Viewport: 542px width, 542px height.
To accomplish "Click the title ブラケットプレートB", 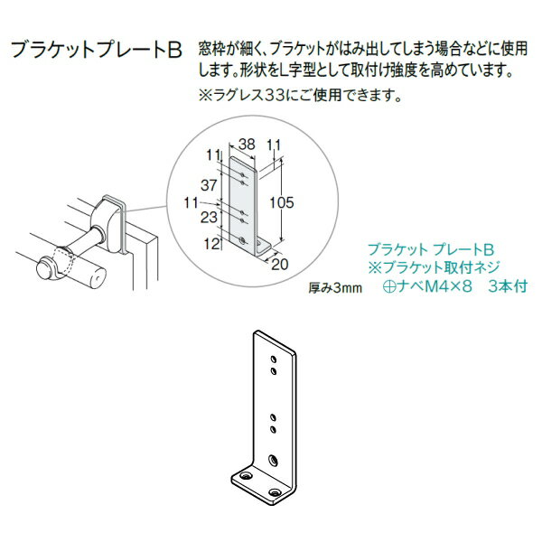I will point(97,48).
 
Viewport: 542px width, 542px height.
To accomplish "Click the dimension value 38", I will point(247,142).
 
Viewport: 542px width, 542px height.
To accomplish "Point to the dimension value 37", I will point(210,184).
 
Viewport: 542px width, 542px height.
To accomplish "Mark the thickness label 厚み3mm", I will point(334,289).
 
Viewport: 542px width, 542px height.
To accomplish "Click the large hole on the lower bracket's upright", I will point(274,460).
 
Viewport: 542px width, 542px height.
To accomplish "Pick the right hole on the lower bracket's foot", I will point(276,491).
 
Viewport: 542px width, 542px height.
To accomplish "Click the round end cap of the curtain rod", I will point(42,269).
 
